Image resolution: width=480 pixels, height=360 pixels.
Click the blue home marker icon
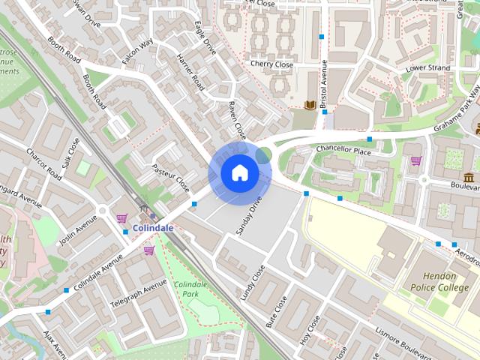[239, 173]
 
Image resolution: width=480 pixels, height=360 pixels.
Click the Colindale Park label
[190, 289]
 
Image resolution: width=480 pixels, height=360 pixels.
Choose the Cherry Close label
[271, 65]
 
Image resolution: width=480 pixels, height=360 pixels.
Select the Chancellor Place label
[343, 150]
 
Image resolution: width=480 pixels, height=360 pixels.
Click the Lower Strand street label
[427, 68]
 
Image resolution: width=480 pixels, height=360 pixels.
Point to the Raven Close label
[236, 120]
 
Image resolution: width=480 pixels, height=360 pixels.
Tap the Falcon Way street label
[137, 52]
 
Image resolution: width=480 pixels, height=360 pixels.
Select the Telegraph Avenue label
[138, 295]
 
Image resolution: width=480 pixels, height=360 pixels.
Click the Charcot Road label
[43, 163]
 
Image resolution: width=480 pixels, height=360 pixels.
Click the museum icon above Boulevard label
[469, 177]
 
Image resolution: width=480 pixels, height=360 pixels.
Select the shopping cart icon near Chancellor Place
[415, 160]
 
